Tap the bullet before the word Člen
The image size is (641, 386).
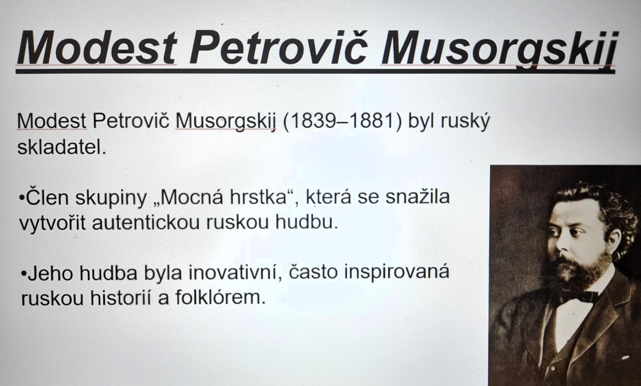coord(22,197)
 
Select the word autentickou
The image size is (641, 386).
coord(146,223)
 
